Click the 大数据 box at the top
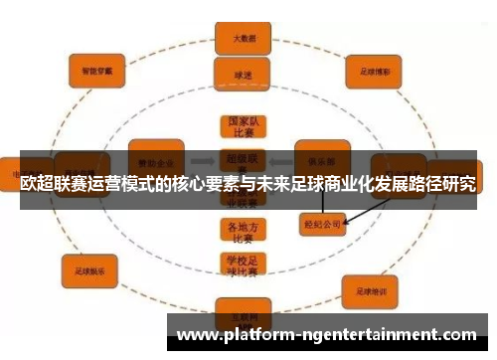(x=238, y=39)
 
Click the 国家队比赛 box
(x=238, y=127)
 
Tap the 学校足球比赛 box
(x=238, y=266)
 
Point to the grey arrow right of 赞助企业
(x=202, y=159)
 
